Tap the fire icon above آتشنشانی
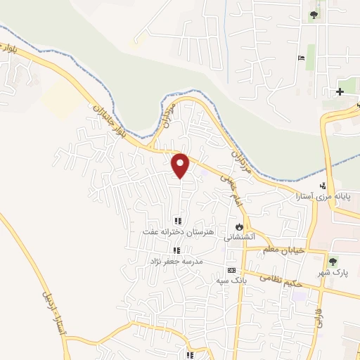tap(239, 227)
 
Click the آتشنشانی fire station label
tap(239, 238)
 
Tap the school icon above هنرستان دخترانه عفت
tap(178, 221)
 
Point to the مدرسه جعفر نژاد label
tap(174, 261)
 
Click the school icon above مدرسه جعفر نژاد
tap(176, 250)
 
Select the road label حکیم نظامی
tap(283, 278)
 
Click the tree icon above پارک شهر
tap(333, 261)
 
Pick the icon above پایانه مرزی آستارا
tap(323, 186)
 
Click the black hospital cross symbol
tap(340, 91)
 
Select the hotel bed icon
tap(301, 58)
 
